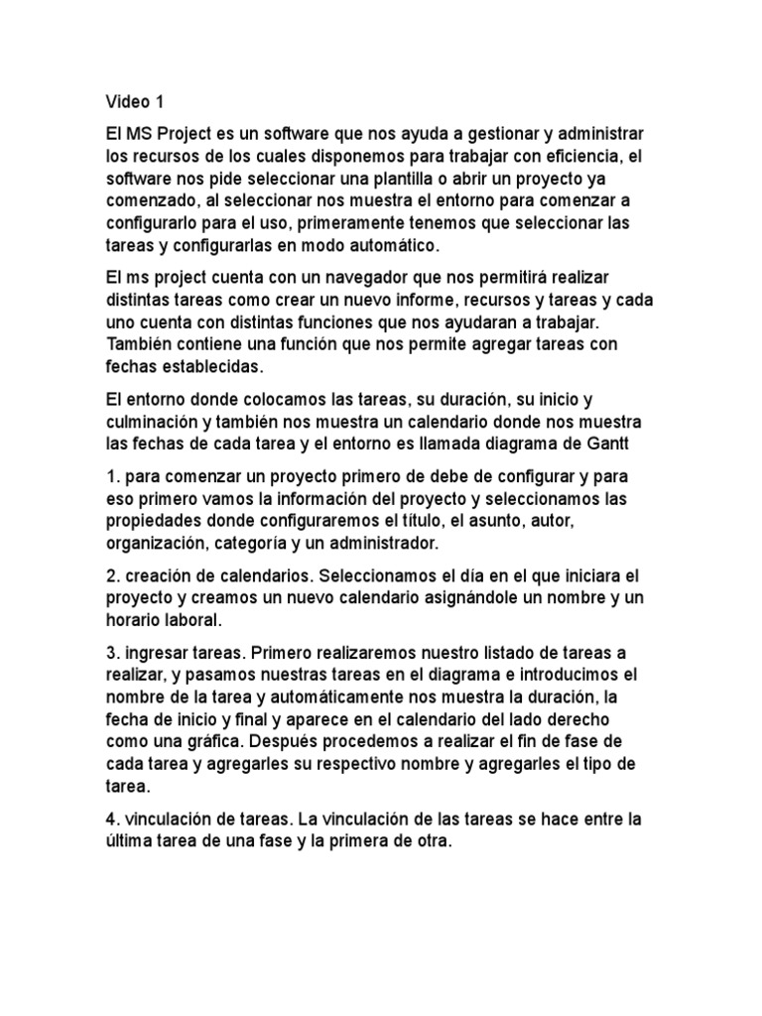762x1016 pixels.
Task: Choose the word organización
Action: (x=159, y=544)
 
